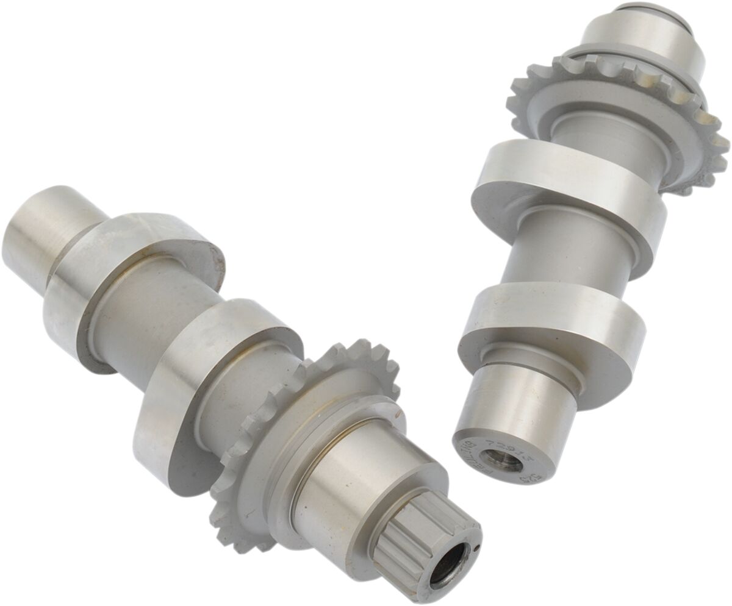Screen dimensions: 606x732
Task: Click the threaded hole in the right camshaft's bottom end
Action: pyautogui.click(x=501, y=461)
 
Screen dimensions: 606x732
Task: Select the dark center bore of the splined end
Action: pyautogui.click(x=448, y=566)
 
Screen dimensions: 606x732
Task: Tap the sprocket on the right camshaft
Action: pyautogui.click(x=616, y=116)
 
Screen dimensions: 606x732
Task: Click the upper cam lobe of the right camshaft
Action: pyautogui.click(x=567, y=195)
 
